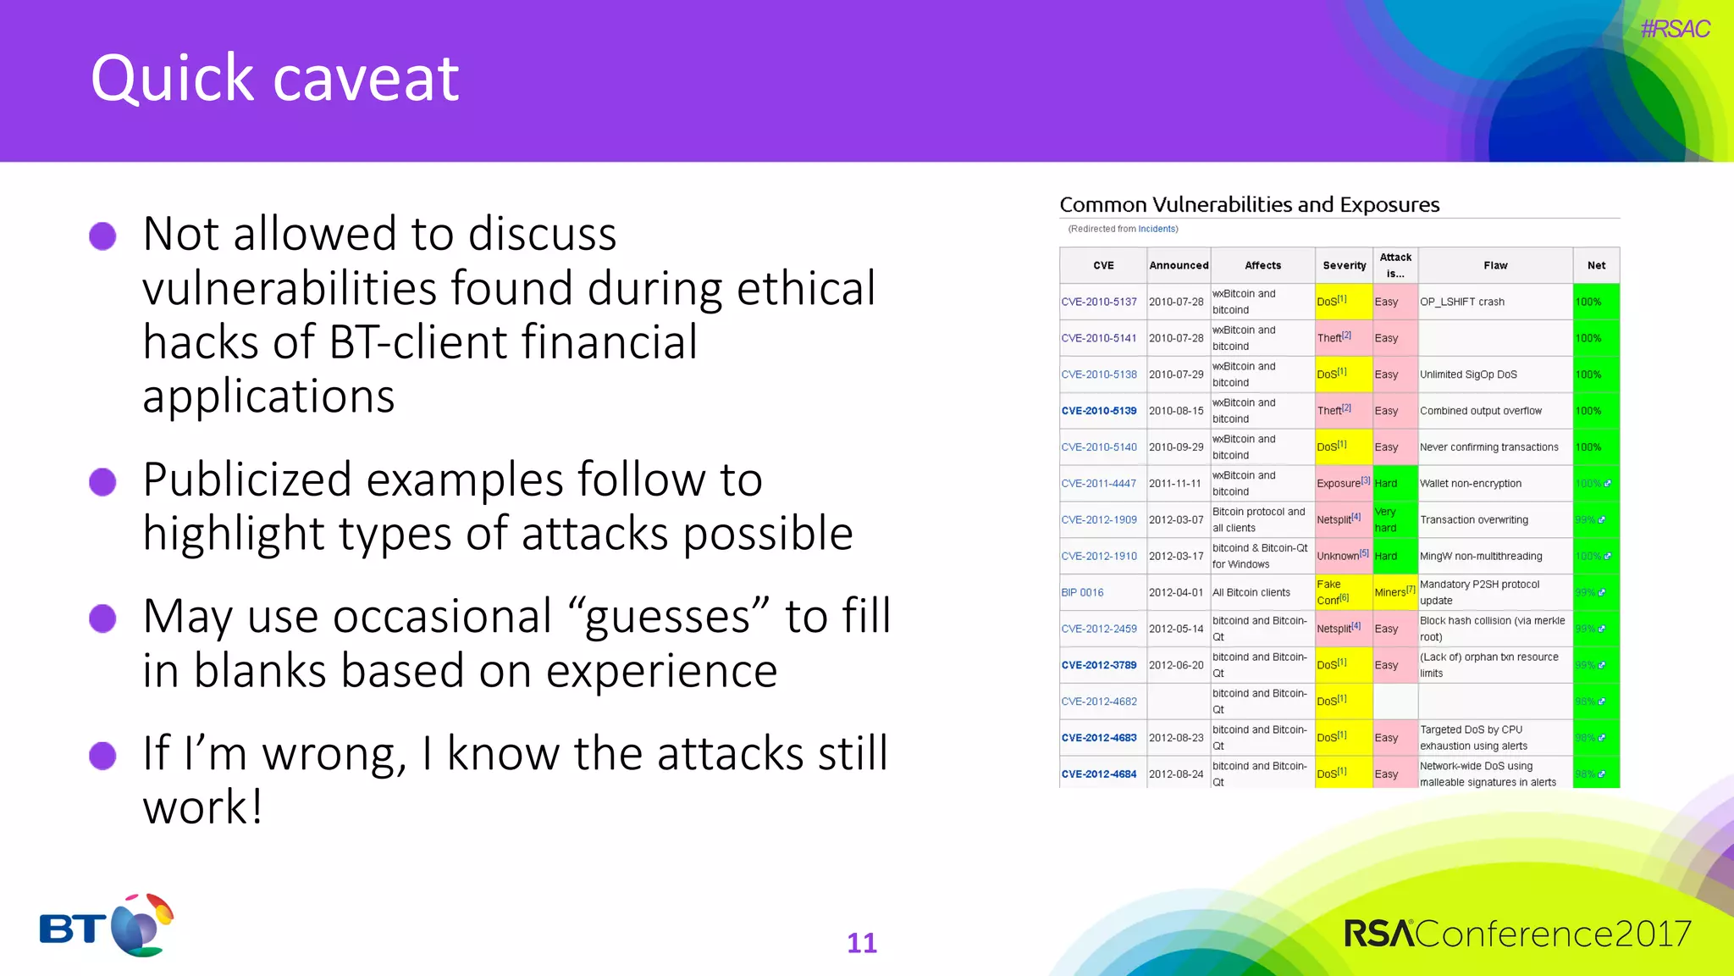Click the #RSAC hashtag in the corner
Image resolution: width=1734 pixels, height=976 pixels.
[x=1675, y=29]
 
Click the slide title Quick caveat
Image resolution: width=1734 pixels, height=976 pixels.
[x=274, y=78]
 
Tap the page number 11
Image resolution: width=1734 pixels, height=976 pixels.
[x=862, y=943]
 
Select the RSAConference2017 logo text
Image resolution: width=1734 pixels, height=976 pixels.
[x=1517, y=934]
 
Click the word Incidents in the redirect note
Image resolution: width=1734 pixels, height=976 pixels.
[x=1157, y=229]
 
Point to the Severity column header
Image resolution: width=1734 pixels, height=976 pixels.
[x=1345, y=265]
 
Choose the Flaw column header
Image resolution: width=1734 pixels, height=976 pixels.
[x=1495, y=265]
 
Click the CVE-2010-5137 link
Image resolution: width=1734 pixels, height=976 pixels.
[x=1099, y=302]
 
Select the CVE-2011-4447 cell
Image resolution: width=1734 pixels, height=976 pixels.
[x=1099, y=484]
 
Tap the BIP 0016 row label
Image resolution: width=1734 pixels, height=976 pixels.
[x=1082, y=593]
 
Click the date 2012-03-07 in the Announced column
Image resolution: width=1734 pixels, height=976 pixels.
[x=1176, y=520]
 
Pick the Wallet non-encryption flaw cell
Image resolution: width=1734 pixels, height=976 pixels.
[x=1471, y=484]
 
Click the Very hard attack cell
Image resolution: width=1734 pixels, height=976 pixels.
[x=1386, y=520]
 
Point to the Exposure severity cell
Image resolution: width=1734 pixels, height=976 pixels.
[x=1339, y=484]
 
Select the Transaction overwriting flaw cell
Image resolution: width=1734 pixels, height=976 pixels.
[x=1474, y=520]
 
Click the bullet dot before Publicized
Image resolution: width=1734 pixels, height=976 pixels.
[x=102, y=482]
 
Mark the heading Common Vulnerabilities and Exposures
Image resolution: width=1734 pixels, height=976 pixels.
[x=1250, y=204]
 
